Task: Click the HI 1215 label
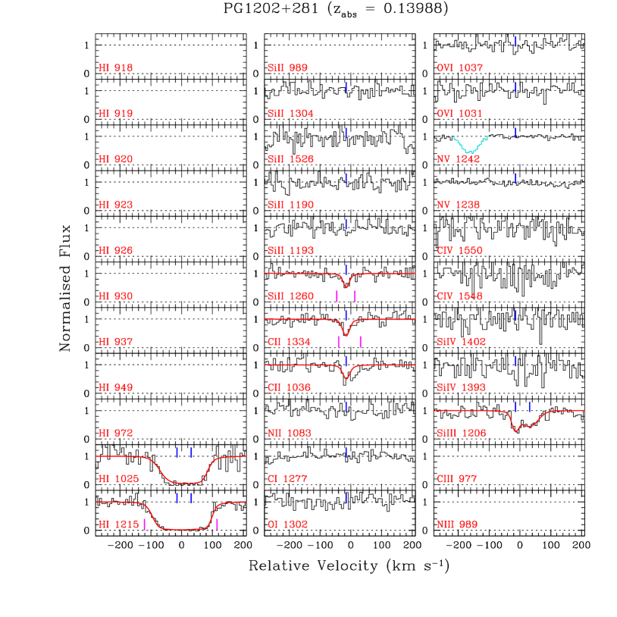pyautogui.click(x=118, y=525)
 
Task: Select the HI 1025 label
pyautogui.click(x=118, y=479)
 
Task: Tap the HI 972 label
pyautogui.click(x=115, y=433)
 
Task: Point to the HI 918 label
pyautogui.click(x=115, y=68)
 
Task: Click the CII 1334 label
pyautogui.click(x=289, y=342)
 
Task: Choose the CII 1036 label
pyautogui.click(x=289, y=387)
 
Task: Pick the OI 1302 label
pyautogui.click(x=287, y=525)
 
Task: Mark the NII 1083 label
pyautogui.click(x=289, y=433)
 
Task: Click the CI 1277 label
pyautogui.click(x=287, y=479)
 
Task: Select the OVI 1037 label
pyautogui.click(x=459, y=68)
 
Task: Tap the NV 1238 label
pyautogui.click(x=458, y=205)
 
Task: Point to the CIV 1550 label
pyautogui.click(x=459, y=251)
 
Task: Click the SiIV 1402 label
pyautogui.click(x=461, y=342)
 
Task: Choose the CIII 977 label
pyautogui.click(x=456, y=479)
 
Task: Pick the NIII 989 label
pyautogui.click(x=456, y=525)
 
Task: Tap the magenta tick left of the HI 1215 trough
pyautogui.click(x=144, y=525)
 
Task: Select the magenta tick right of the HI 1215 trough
pyautogui.click(x=218, y=525)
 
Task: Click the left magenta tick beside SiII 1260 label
pyautogui.click(x=337, y=296)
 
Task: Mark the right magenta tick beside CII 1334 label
pyautogui.click(x=360, y=342)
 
